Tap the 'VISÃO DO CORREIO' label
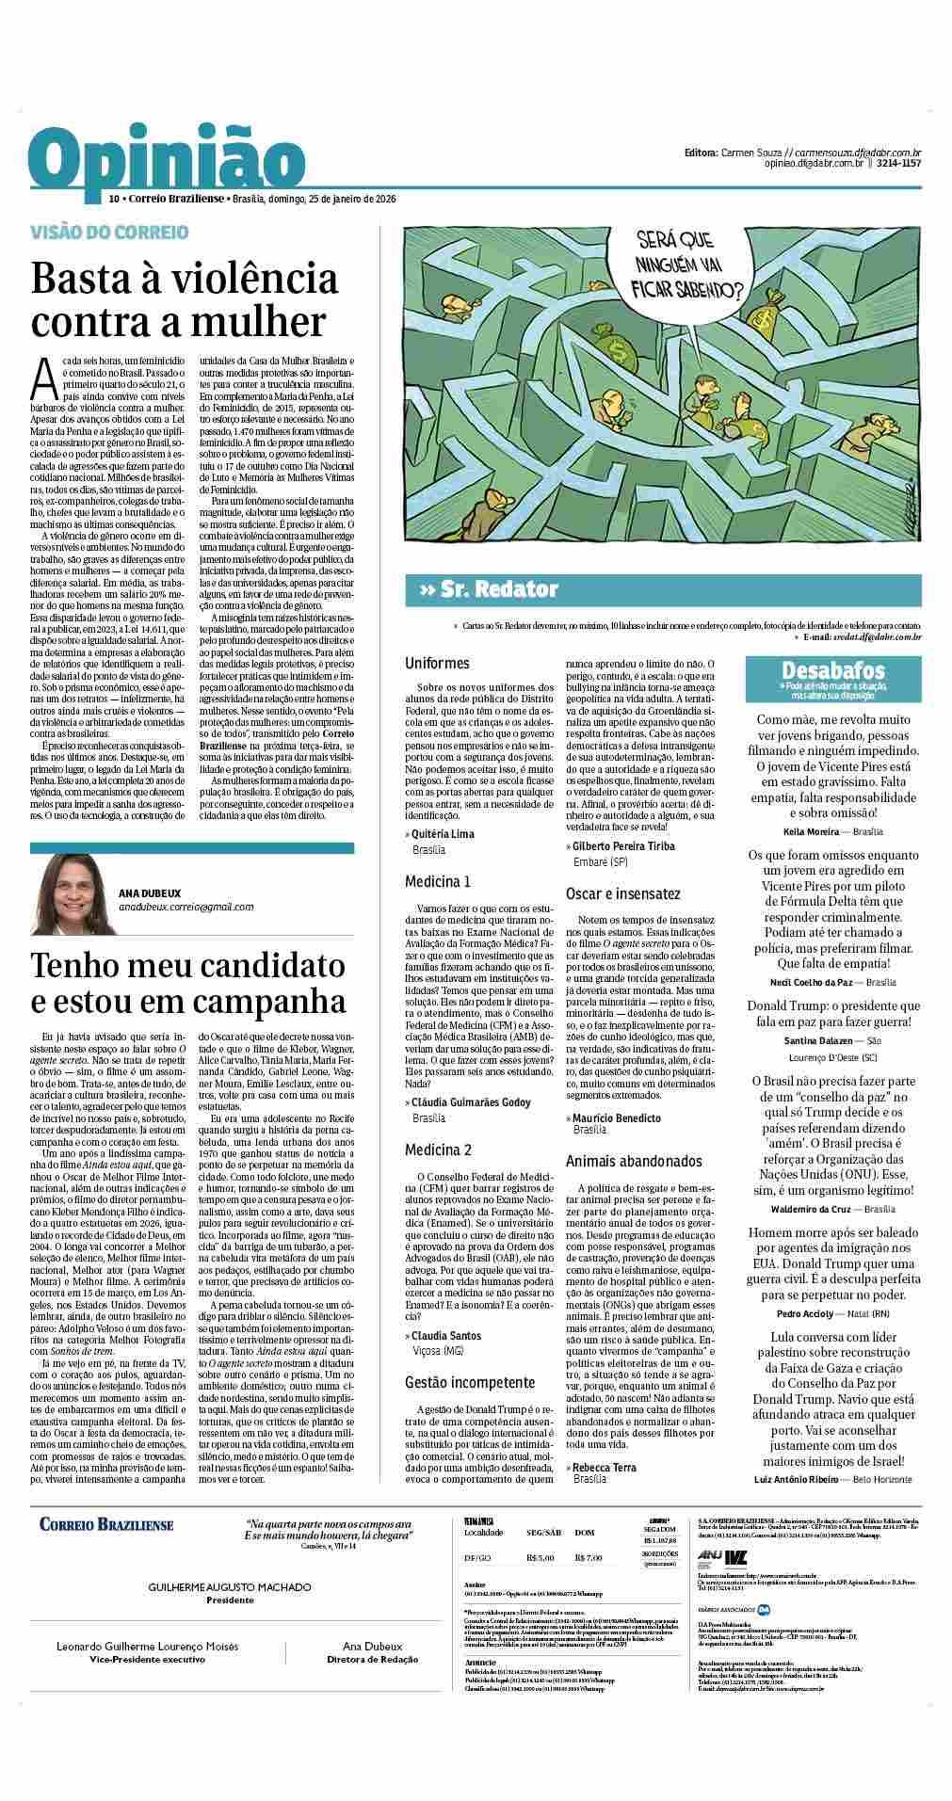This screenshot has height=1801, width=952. pyautogui.click(x=109, y=232)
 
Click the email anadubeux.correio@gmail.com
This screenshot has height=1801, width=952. pyautogui.click(x=186, y=908)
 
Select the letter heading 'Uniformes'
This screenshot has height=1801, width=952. pyautogui.click(x=437, y=664)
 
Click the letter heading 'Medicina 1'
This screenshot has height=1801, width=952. pyautogui.click(x=438, y=882)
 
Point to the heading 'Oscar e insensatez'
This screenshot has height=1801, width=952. pyautogui.click(x=622, y=892)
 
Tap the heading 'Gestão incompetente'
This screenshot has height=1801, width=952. pyautogui.click(x=470, y=1382)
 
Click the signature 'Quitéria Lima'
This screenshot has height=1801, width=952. pyautogui.click(x=443, y=834)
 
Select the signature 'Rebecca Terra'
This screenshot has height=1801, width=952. pyautogui.click(x=604, y=1467)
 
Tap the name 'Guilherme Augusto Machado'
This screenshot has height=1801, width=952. pyautogui.click(x=230, y=1587)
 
